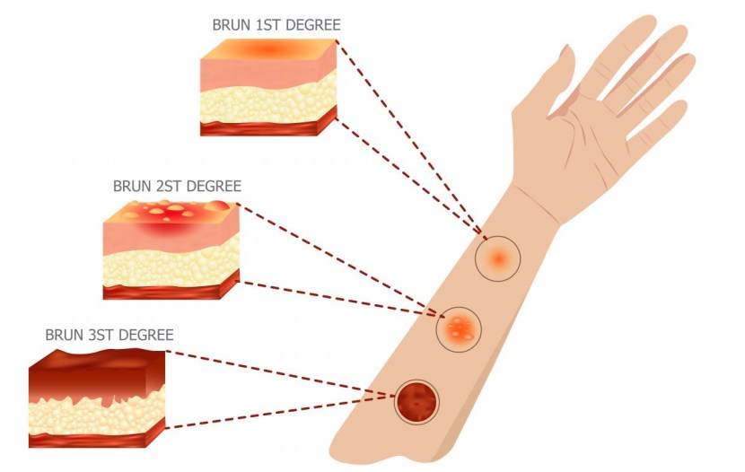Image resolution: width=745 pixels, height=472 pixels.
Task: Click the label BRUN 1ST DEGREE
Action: coord(276,25)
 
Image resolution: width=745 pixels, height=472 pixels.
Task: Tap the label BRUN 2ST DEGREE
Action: coord(177,187)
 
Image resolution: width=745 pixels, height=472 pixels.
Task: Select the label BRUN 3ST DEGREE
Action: coord(110,335)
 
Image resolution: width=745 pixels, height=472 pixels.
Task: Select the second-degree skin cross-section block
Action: coord(171,249)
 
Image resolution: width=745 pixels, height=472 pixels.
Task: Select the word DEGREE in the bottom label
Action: coord(145,335)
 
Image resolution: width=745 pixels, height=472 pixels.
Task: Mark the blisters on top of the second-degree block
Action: coord(171,213)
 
